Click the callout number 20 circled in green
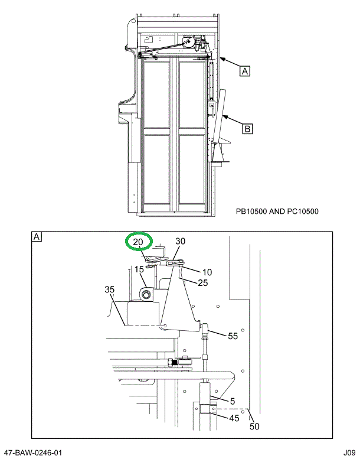coord(138,242)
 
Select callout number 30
coord(180,242)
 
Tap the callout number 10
coord(207,272)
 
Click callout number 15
coord(139,270)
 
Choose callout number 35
coord(110,289)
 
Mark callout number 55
coord(233,336)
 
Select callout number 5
coord(233,401)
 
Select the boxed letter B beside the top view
coord(248,127)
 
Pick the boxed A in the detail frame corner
coord(37,237)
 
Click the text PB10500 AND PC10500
coord(277,211)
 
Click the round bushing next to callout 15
coord(147,294)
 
